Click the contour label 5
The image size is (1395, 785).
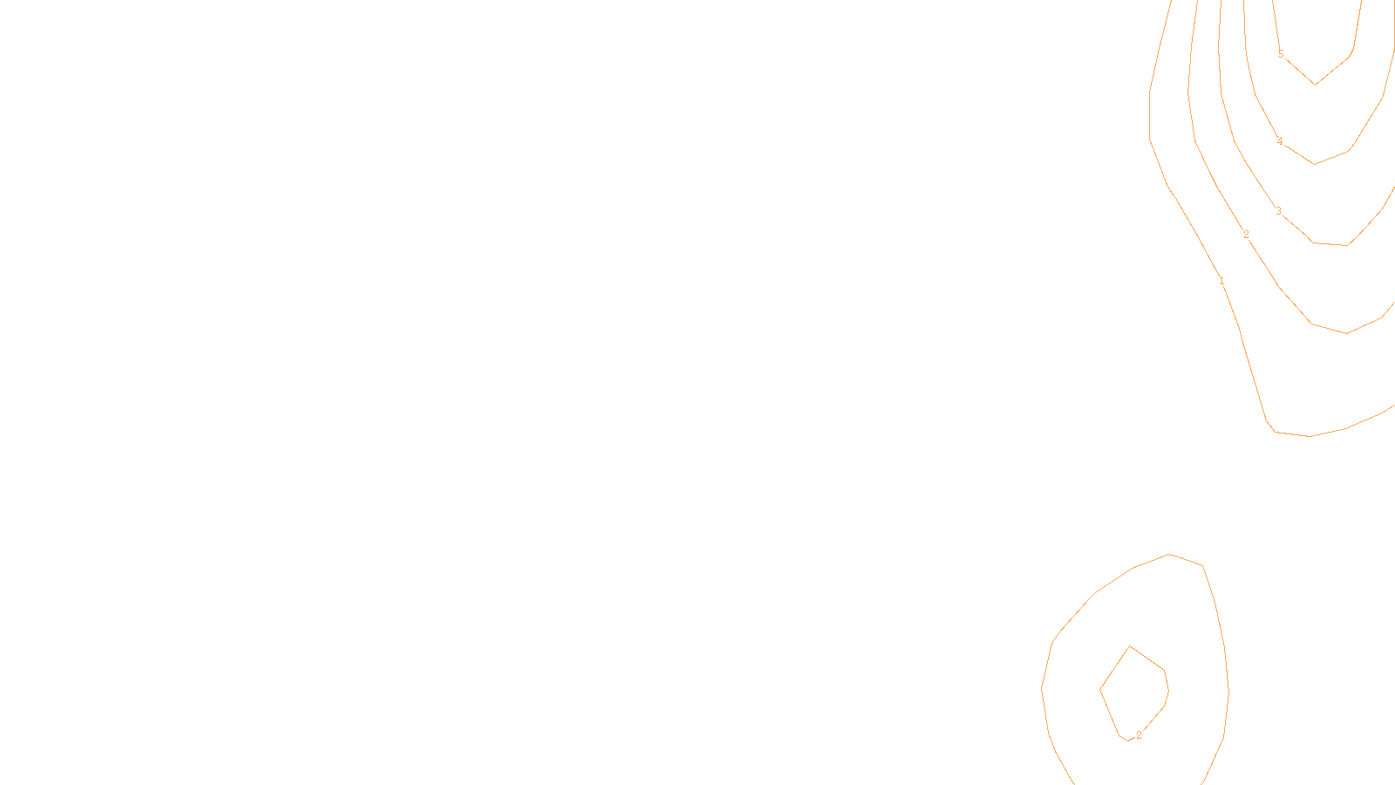[x=1281, y=54]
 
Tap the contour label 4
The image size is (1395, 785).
[x=1280, y=141]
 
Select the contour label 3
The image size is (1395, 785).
[x=1279, y=211]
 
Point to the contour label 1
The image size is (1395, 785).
[x=1221, y=281]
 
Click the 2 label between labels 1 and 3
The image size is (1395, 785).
[x=1246, y=235]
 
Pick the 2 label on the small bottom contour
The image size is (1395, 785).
[x=1139, y=735]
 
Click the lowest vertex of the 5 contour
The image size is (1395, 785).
[x=1315, y=85]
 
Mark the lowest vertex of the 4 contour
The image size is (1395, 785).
[x=1314, y=164]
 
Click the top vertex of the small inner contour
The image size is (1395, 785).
[x=1130, y=646]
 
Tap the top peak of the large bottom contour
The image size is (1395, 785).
[x=1168, y=554]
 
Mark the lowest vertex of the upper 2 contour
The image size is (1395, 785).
[x=1346, y=333]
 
